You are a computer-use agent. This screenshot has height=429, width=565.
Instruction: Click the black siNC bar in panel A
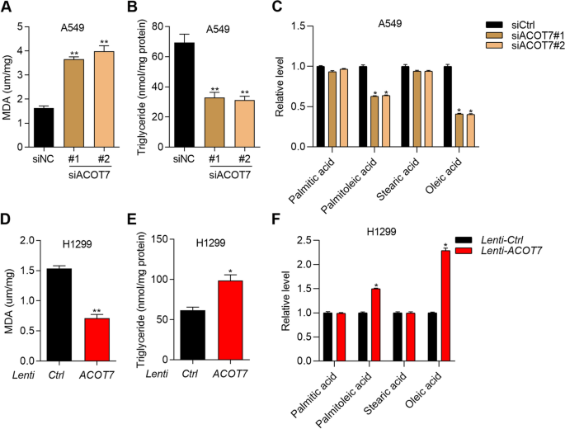(44, 127)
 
